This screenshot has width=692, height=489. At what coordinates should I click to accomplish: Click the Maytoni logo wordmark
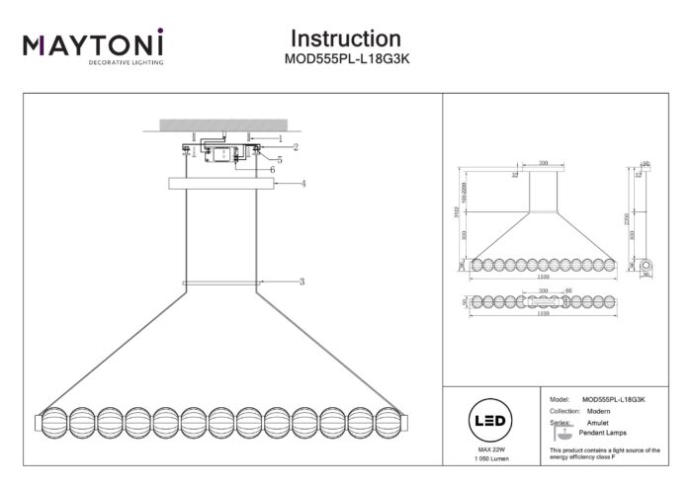tap(93, 44)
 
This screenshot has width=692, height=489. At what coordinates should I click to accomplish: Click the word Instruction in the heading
tap(345, 39)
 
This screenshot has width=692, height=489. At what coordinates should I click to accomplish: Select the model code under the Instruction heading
tap(345, 59)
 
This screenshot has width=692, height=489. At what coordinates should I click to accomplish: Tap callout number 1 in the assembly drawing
tap(280, 139)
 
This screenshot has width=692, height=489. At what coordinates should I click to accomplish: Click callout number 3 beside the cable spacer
tap(302, 283)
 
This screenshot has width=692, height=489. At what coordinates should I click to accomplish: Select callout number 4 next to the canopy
tap(303, 184)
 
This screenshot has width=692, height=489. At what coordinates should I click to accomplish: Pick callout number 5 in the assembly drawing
tap(280, 159)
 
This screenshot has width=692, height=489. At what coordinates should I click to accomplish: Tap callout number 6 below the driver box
tap(272, 170)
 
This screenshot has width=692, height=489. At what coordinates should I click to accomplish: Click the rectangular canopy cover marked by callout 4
tap(221, 184)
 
